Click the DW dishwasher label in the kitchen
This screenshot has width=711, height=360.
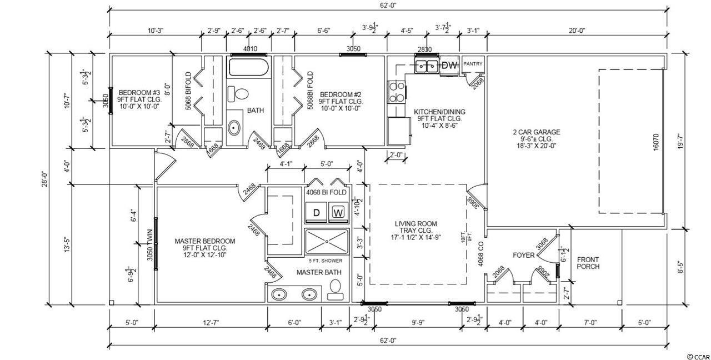click(450, 66)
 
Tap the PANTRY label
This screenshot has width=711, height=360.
click(473, 64)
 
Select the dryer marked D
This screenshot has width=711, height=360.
click(316, 212)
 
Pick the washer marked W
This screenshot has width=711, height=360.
click(338, 212)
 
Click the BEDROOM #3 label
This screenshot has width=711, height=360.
click(139, 93)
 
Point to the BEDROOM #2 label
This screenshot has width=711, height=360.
click(341, 94)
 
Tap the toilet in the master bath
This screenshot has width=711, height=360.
click(335, 289)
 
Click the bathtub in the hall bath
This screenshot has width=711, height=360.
click(249, 67)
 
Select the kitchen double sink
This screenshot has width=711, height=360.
click(427, 66)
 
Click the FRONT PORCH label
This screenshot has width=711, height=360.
click(588, 263)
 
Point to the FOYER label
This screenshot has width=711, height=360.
click(524, 255)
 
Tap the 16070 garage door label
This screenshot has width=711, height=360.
click(657, 142)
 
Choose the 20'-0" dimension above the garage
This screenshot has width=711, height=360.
click(577, 31)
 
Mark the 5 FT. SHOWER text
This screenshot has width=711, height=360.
click(326, 261)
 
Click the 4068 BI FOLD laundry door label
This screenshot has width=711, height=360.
click(326, 192)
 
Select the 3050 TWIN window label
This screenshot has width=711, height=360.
click(150, 245)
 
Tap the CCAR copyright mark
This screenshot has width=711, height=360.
click(698, 357)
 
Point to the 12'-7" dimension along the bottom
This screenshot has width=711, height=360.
click(211, 323)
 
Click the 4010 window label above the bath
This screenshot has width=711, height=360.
click(250, 49)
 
